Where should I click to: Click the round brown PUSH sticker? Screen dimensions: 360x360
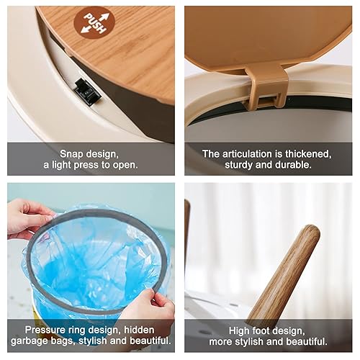click(x=94, y=22)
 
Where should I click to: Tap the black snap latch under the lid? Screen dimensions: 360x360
click(x=86, y=91)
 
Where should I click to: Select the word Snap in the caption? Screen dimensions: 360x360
click(x=73, y=154)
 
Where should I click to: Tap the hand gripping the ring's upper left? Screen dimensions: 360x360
click(x=27, y=218)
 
